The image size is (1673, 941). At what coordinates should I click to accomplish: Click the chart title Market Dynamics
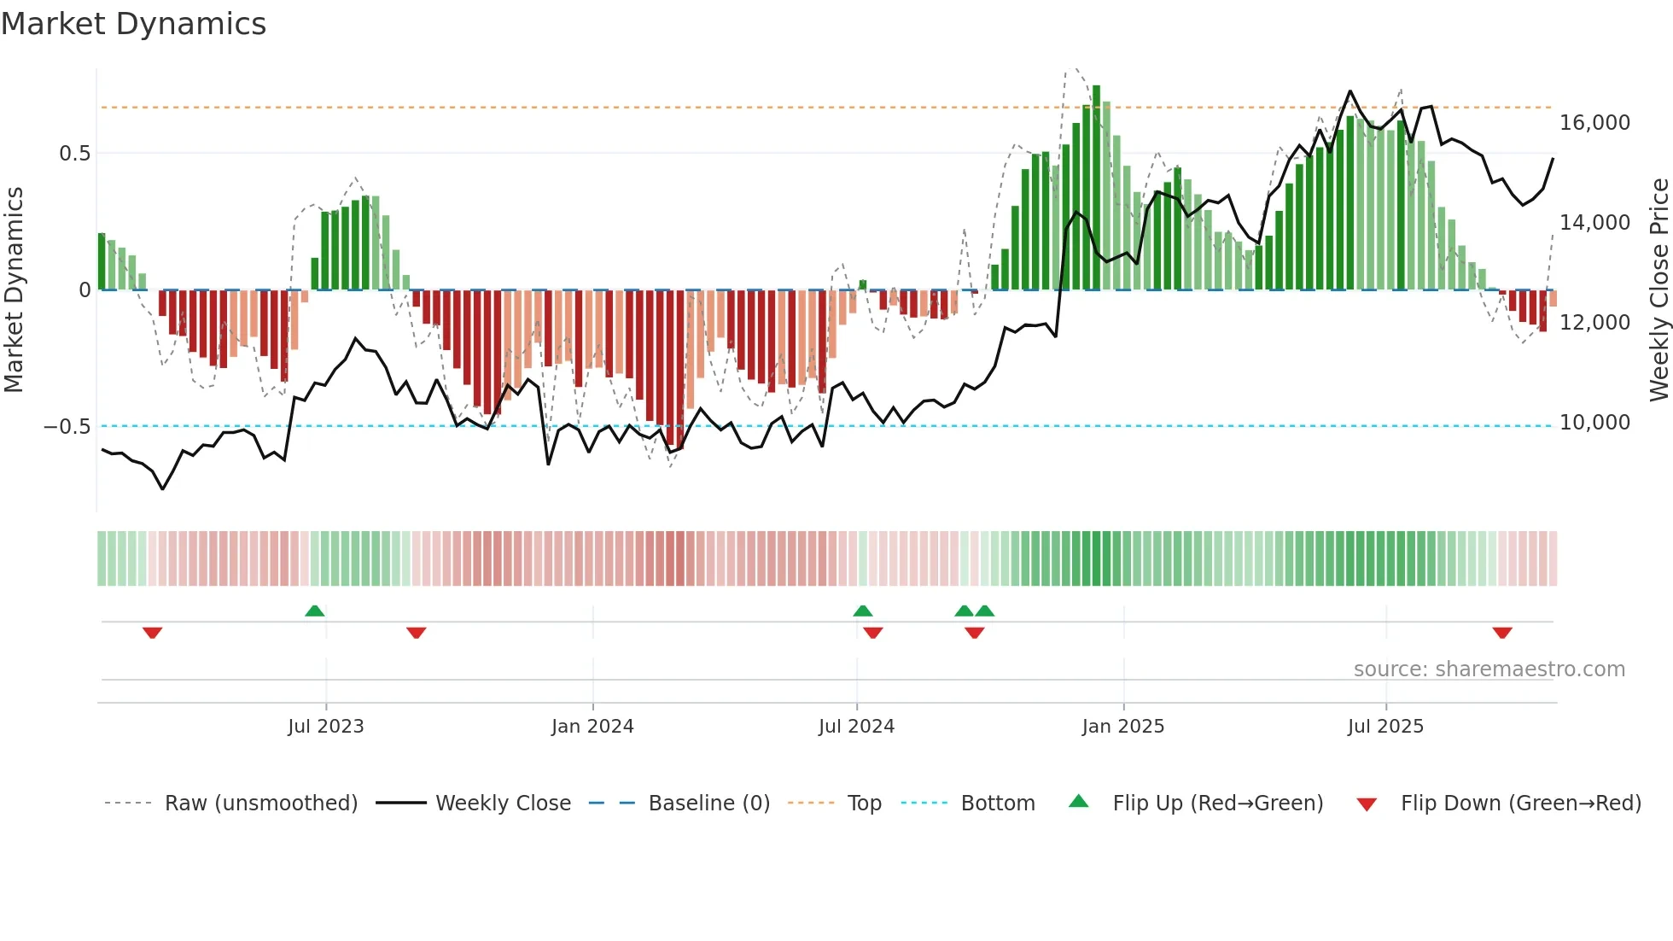[133, 24]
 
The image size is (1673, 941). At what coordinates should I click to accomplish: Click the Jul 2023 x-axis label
[325, 727]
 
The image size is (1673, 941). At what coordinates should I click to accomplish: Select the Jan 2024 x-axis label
[592, 727]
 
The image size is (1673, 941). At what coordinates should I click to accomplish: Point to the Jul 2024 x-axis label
[856, 727]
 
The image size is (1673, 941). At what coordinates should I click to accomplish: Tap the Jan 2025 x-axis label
[1122, 727]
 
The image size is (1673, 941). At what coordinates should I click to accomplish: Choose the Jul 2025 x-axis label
[1385, 727]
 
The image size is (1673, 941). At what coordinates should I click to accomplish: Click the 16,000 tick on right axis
[1594, 123]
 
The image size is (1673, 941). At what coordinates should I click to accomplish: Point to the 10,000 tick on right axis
[1594, 423]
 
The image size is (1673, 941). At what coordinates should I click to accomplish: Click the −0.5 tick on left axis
[67, 426]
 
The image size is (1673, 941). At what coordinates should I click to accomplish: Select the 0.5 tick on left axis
[74, 154]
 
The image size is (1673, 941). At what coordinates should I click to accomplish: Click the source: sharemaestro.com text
[1489, 669]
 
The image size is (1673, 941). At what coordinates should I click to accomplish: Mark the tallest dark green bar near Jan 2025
[1096, 188]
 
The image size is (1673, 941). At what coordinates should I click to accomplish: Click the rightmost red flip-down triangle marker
[1502, 633]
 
